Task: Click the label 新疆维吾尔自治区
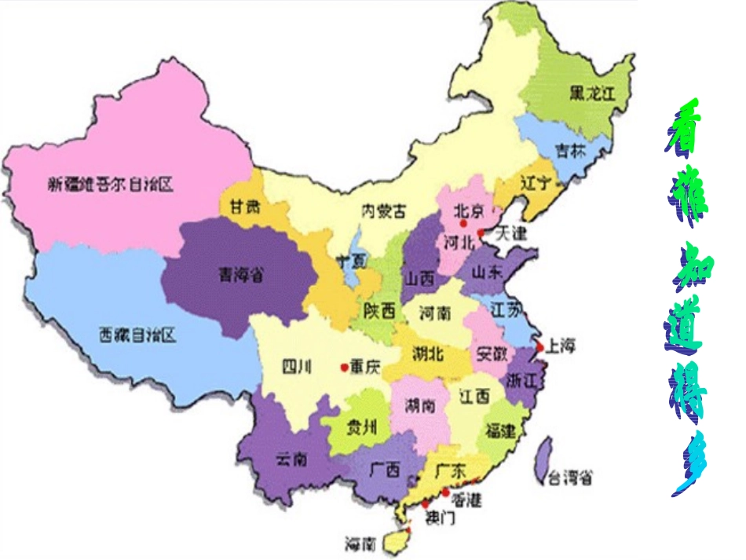click(x=109, y=185)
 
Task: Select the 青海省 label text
click(x=240, y=275)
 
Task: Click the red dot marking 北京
click(x=463, y=224)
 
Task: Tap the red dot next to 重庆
click(x=343, y=367)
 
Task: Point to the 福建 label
click(x=501, y=430)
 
